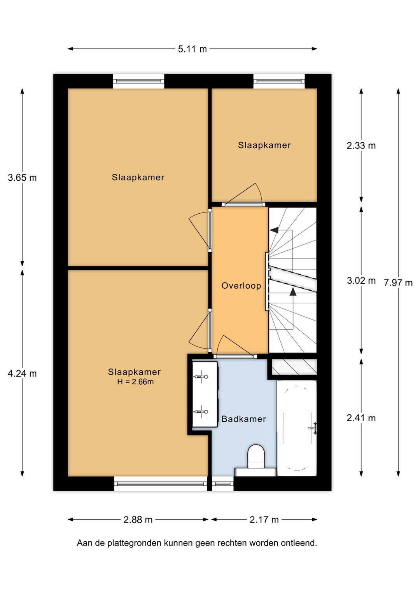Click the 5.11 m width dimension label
tap(192, 49)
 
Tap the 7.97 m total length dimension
tap(398, 283)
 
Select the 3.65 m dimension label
tap(22, 178)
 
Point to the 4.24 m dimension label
tap(22, 373)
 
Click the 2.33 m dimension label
tap(361, 146)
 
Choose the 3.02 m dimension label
tap(361, 280)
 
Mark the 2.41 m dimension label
tap(361, 418)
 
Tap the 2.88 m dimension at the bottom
tap(138, 520)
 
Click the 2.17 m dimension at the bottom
tap(264, 520)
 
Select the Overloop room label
tap(241, 286)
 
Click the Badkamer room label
tap(243, 419)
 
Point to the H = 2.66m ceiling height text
tap(135, 382)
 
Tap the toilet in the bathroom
tap(256, 456)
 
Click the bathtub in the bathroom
tap(296, 427)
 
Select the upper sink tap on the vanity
tap(202, 377)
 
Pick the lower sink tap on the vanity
tap(202, 411)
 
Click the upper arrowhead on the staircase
tap(274, 230)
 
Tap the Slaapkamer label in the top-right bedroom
tap(264, 145)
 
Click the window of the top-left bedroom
tap(138, 81)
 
